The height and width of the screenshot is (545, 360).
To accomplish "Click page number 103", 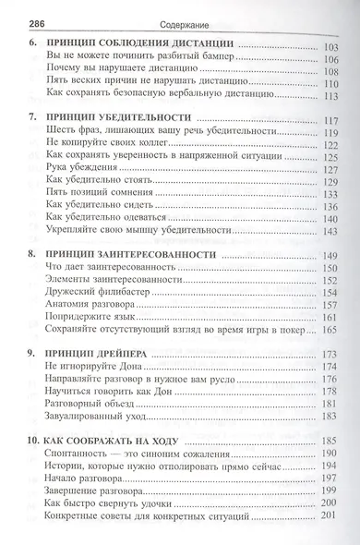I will [331, 43].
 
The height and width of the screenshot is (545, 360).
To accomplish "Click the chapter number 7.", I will [32, 118].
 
